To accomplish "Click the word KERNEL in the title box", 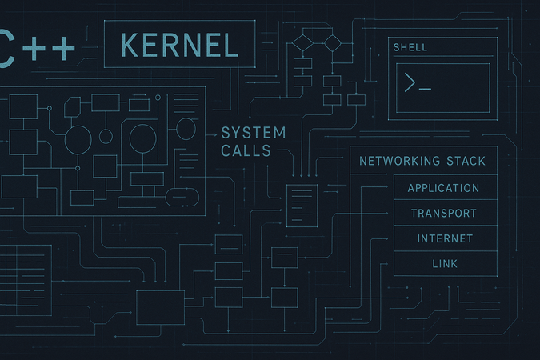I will (x=180, y=45).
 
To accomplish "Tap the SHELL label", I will (x=410, y=48).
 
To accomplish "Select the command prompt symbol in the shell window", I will (x=410, y=82).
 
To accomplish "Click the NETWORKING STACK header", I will (x=422, y=161).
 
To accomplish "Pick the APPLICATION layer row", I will (x=443, y=189).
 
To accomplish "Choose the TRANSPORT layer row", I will (x=443, y=214).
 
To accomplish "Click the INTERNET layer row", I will (x=445, y=238).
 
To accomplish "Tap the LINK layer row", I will (x=444, y=263).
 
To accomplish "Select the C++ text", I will (x=36, y=50).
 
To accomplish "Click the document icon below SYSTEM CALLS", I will (x=302, y=205).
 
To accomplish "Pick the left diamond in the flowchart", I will (x=302, y=41).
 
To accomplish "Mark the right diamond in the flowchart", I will (x=332, y=41).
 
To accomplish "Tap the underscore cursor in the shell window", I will (x=425, y=88).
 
